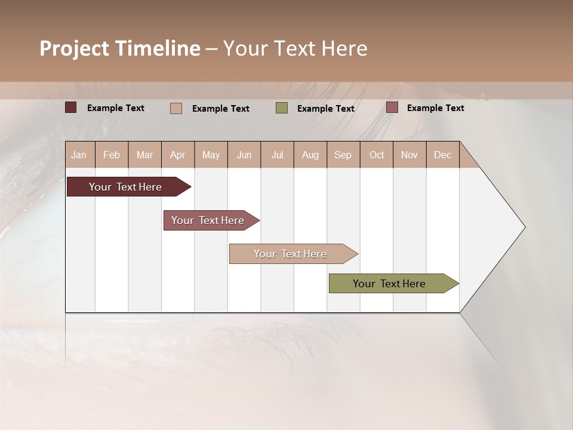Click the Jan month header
[79, 155]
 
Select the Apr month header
[177, 155]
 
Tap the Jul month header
[277, 155]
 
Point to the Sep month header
[343, 155]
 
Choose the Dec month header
[442, 155]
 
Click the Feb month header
[112, 155]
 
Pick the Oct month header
[377, 155]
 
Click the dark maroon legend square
[70, 107]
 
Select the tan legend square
[176, 108]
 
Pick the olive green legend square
[282, 108]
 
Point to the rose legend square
[392, 107]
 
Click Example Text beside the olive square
[326, 109]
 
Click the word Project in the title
[75, 49]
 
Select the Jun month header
[244, 155]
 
